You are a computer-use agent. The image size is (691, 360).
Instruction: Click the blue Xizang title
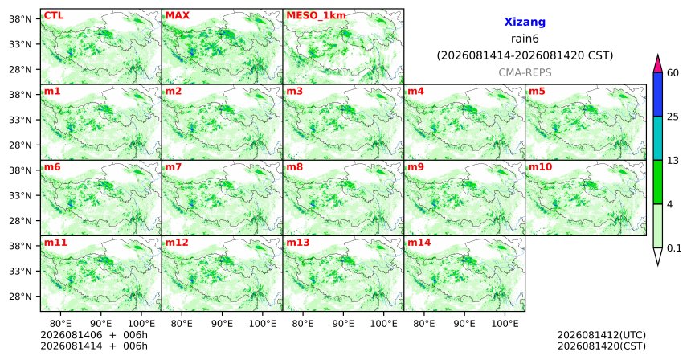(x=525, y=22)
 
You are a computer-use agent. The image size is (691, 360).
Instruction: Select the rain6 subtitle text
(x=525, y=39)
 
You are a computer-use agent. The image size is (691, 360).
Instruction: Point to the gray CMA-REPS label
(x=525, y=72)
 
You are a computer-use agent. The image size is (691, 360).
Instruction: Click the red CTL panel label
(x=54, y=16)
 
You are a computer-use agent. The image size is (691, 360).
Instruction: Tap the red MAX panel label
(x=177, y=16)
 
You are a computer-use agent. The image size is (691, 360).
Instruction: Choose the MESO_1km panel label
(x=316, y=16)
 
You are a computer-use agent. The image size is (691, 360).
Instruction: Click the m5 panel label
(x=537, y=92)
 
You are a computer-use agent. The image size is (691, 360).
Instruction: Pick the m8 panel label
(x=294, y=167)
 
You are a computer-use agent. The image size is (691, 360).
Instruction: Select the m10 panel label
(x=540, y=167)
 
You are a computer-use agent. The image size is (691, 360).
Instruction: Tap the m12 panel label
(x=177, y=243)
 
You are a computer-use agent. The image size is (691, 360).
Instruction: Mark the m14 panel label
(x=419, y=243)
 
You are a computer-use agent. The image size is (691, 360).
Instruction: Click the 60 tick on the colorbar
(x=673, y=73)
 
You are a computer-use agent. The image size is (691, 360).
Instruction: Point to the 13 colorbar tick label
(x=673, y=161)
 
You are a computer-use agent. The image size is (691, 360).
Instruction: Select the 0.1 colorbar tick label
(x=674, y=248)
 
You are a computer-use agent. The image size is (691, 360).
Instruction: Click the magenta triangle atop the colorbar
(x=658, y=65)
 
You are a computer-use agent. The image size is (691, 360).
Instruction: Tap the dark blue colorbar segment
(x=658, y=94)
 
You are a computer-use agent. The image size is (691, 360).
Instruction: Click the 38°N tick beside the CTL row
(x=21, y=19)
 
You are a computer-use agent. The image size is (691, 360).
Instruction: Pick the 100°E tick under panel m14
(x=505, y=324)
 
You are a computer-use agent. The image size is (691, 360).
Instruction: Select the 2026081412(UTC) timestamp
(x=602, y=336)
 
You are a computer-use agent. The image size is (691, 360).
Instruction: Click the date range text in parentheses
(x=525, y=56)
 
